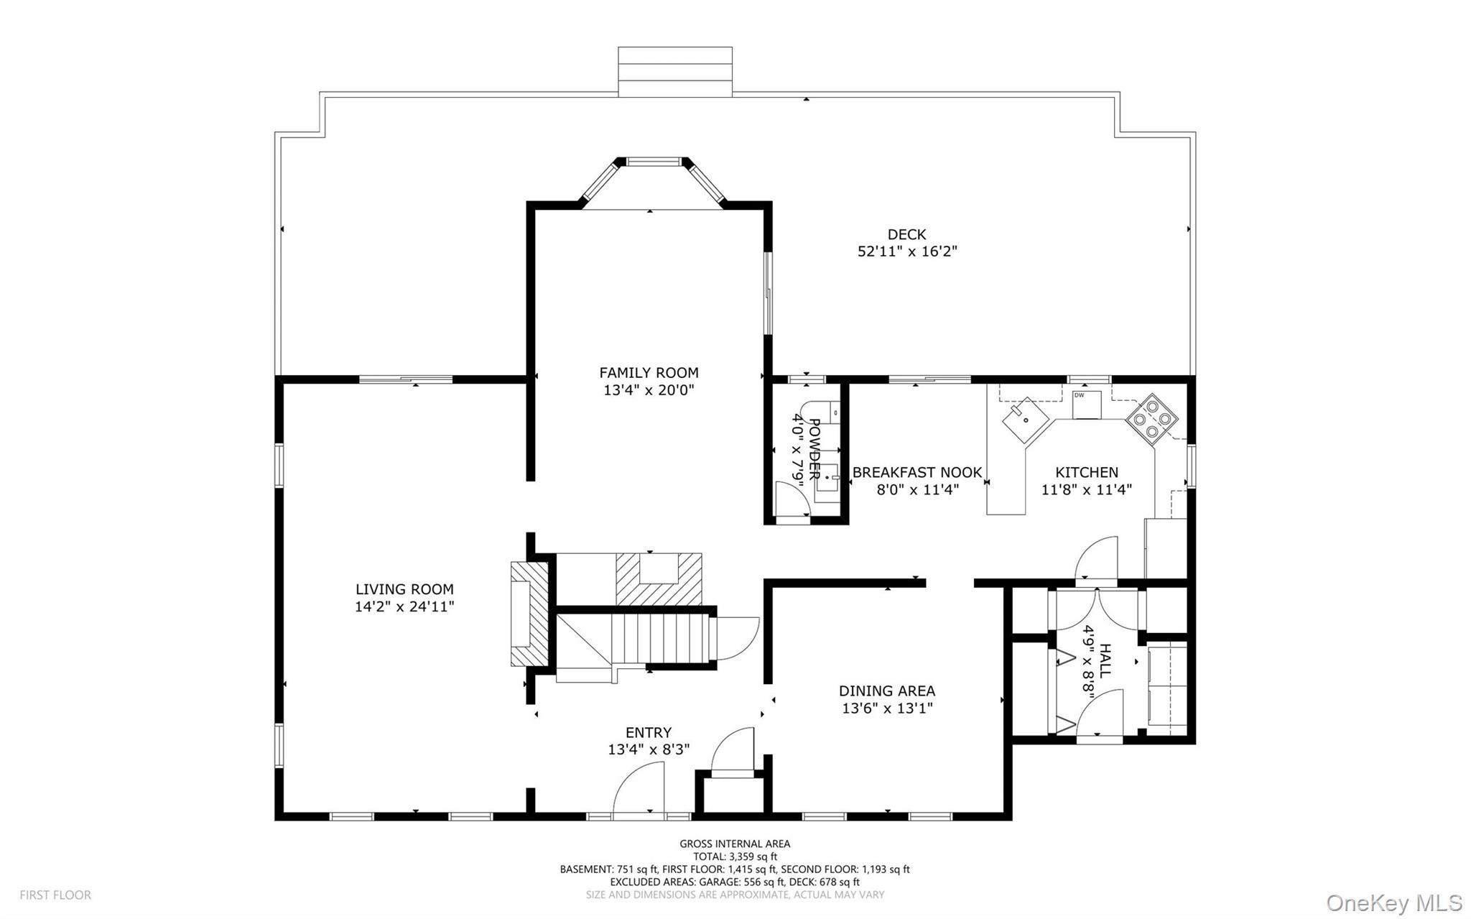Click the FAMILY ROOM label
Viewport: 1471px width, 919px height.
[x=649, y=372]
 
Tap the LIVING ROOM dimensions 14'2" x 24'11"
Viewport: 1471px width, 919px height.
[x=404, y=606]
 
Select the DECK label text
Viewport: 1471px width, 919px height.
[x=906, y=234]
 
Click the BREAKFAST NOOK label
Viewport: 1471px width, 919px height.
[x=917, y=472]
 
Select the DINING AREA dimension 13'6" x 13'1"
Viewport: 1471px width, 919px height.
[x=887, y=708]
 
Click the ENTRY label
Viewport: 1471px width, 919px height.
[x=648, y=732]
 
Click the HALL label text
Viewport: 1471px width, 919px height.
[x=1105, y=660]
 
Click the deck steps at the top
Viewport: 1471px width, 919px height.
[x=674, y=71]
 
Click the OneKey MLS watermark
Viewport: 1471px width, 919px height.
[x=1393, y=902]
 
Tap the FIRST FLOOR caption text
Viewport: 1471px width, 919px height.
[x=55, y=895]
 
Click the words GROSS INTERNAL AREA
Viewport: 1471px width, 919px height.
[x=734, y=844]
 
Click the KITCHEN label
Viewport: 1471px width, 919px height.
[x=1086, y=472]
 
